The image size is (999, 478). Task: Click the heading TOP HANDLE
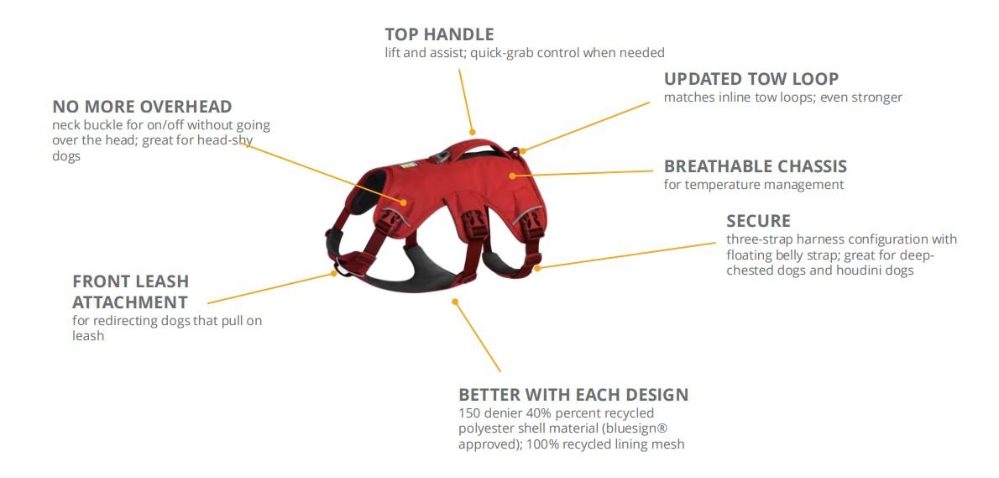click(439, 34)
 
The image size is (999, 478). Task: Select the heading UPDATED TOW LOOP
click(751, 79)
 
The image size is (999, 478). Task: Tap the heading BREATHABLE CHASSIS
click(755, 166)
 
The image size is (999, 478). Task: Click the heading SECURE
click(758, 221)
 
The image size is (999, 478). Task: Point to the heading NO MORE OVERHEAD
click(142, 107)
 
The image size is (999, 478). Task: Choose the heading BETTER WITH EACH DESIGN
click(573, 395)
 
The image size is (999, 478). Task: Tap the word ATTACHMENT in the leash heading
click(129, 302)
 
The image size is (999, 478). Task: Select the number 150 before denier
click(470, 413)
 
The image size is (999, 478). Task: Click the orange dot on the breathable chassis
click(512, 176)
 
